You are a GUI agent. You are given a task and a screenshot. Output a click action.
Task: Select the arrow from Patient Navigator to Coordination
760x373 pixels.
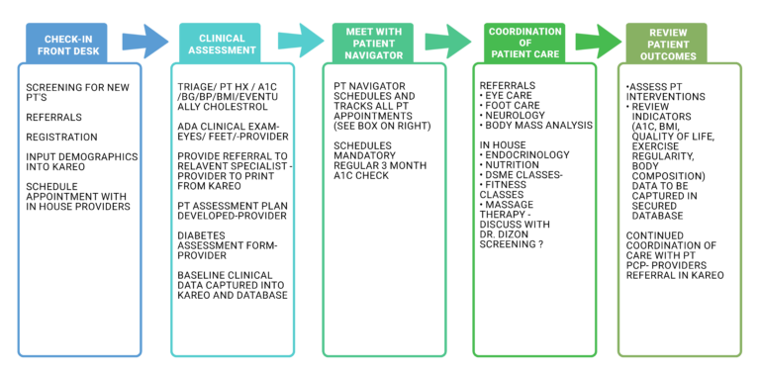(447, 43)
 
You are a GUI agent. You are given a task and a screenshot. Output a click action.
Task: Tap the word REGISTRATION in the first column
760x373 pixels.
(62, 138)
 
